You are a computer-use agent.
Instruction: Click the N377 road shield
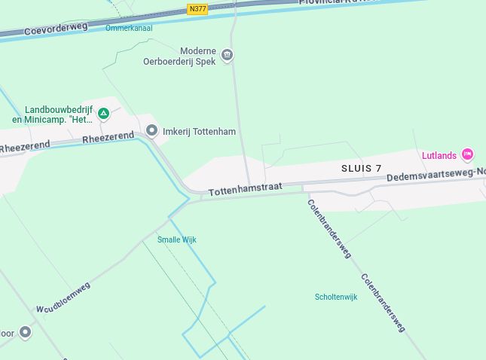pyautogui.click(x=198, y=9)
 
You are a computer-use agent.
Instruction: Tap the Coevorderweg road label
pyautogui.click(x=56, y=29)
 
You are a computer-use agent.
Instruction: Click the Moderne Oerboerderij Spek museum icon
pyautogui.click(x=227, y=55)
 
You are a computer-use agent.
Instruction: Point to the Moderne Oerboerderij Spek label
pyautogui.click(x=180, y=56)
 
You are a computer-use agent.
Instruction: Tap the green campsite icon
pyautogui.click(x=104, y=114)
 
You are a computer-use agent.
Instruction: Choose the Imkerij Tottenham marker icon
pyautogui.click(x=151, y=131)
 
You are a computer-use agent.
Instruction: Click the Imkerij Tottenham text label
pyautogui.click(x=200, y=132)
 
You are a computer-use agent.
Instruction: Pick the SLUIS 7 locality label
pyautogui.click(x=361, y=168)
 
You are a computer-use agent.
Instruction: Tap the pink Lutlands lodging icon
pyautogui.click(x=467, y=155)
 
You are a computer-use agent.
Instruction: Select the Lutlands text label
pyautogui.click(x=439, y=156)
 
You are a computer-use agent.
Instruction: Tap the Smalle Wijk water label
pyautogui.click(x=176, y=239)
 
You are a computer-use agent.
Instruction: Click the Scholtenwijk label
pyautogui.click(x=336, y=297)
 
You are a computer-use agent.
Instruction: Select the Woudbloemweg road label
pyautogui.click(x=63, y=297)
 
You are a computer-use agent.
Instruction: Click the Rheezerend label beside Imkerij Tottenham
pyautogui.click(x=108, y=137)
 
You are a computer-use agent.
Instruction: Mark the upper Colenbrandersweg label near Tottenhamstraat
pyautogui.click(x=329, y=228)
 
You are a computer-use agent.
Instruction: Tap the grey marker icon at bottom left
pyautogui.click(x=26, y=332)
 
